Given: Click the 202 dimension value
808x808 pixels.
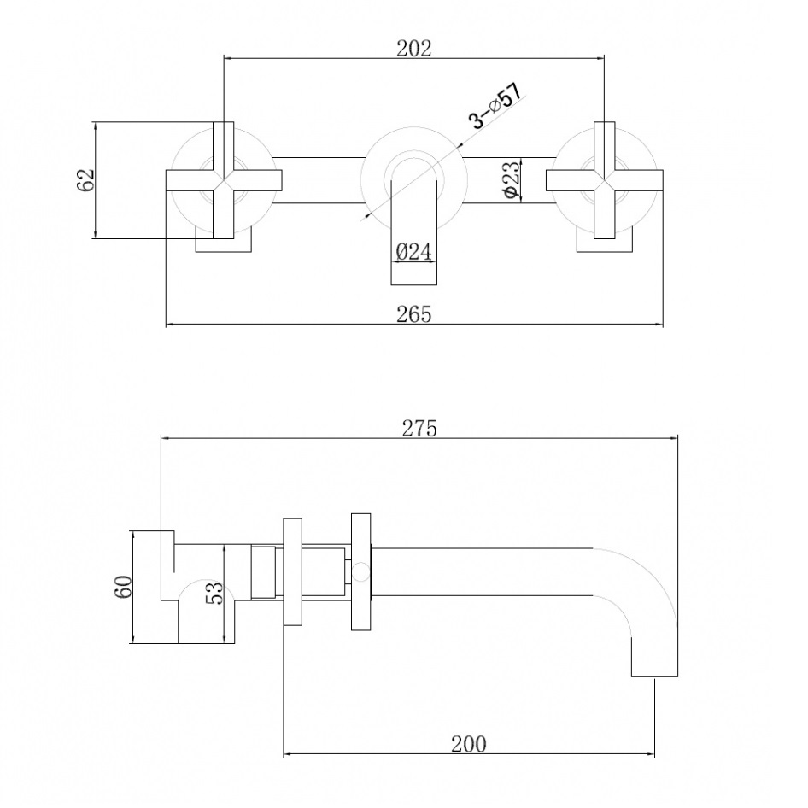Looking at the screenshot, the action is coord(413,49).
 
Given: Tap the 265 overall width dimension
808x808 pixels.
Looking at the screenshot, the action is coord(413,313).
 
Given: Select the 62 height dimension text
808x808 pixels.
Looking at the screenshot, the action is coord(86,180).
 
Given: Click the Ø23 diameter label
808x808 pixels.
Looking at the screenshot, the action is coord(511,180).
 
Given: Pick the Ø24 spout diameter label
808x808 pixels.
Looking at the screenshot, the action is coord(413,252).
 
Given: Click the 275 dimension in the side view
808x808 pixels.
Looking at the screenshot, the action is coord(419,428).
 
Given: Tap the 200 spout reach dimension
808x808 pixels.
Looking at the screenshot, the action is coord(468,744).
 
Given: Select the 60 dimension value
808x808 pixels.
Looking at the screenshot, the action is coord(124,587).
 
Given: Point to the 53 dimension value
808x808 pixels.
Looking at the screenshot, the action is coord(214,593).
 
